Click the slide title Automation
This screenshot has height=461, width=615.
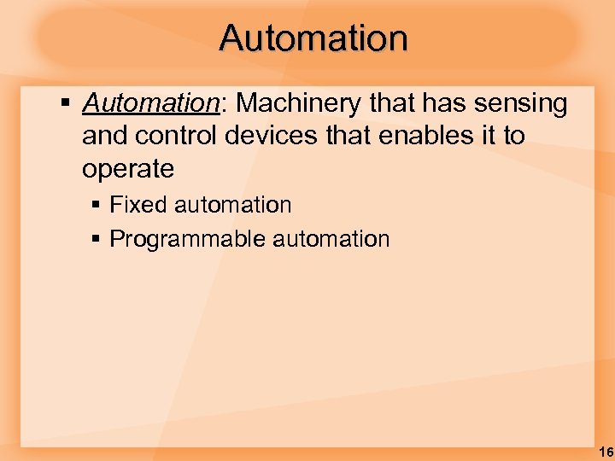pyautogui.click(x=313, y=38)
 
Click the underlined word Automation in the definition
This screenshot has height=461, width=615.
pyautogui.click(x=150, y=104)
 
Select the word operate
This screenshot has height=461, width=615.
pyautogui.click(x=128, y=169)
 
